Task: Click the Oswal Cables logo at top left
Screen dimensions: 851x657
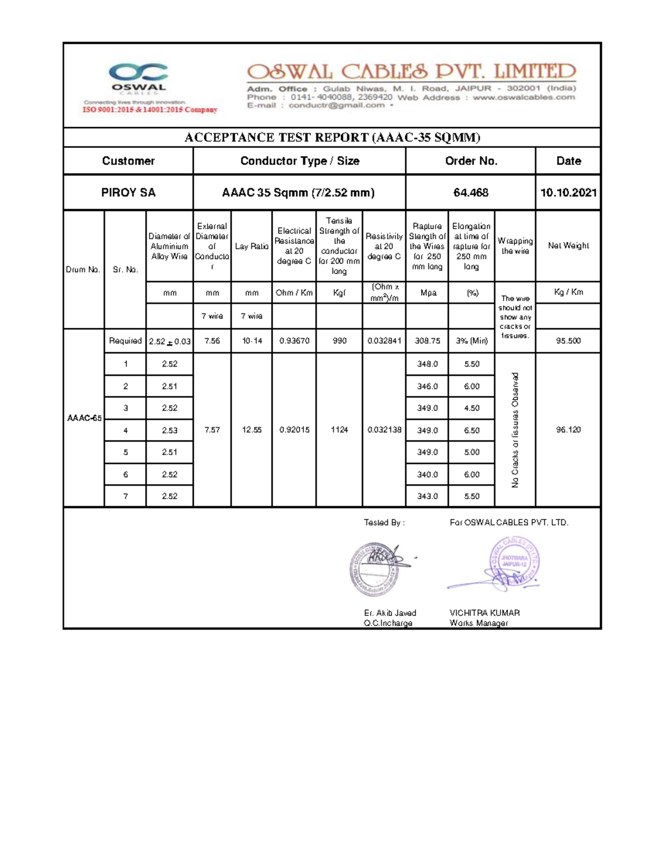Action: coord(138,78)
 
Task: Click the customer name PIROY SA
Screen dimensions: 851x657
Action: coord(128,192)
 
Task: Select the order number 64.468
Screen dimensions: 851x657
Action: coord(470,192)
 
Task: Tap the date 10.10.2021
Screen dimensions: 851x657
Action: coord(568,192)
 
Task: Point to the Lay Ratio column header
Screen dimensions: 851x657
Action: coord(251,247)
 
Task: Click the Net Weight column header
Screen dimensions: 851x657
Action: coord(568,245)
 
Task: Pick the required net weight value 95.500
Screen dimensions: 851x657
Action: coord(568,341)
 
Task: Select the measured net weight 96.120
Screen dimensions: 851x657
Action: coord(568,430)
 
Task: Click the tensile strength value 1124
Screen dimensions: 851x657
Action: coord(339,430)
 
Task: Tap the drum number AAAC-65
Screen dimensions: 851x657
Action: coord(84,418)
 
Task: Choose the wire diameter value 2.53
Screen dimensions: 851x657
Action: coord(169,431)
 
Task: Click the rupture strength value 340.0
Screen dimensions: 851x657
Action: coord(427,475)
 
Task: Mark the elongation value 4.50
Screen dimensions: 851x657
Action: coord(471,408)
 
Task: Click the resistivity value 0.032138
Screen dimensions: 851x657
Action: coord(384,430)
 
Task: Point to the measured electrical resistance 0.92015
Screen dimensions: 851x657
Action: coord(294,430)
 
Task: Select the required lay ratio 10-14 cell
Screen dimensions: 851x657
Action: coord(251,341)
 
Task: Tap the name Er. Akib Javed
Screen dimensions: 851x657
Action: coord(390,613)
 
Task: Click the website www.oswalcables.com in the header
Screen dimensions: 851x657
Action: coord(523,98)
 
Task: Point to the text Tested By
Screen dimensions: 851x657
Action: coord(384,523)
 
